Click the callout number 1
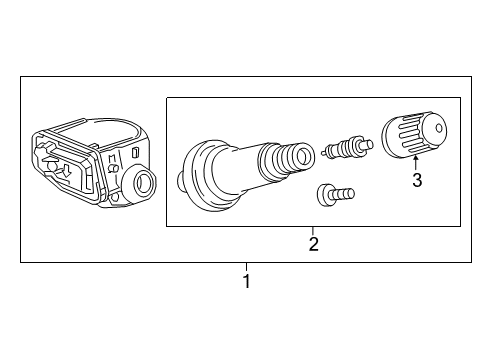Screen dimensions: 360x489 pos(246,282)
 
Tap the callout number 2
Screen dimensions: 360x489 pos(313,244)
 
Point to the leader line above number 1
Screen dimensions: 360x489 pos(246,267)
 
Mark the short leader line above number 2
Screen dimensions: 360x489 pos(313,231)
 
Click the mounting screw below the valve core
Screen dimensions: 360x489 pos(335,194)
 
